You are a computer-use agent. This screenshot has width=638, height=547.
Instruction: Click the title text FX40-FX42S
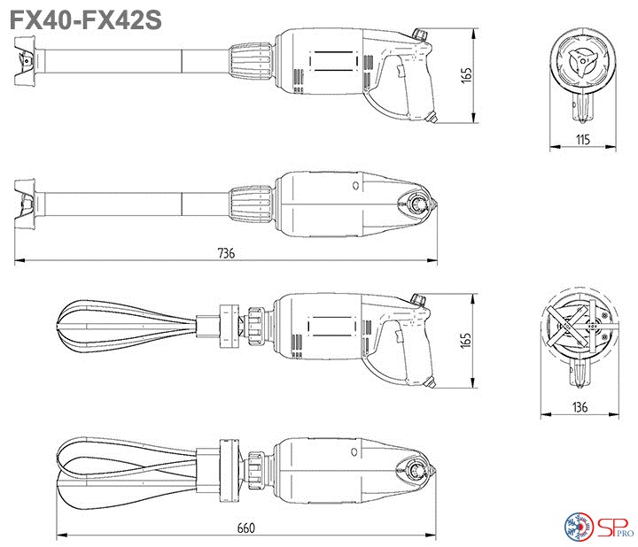pyautogui.click(x=85, y=19)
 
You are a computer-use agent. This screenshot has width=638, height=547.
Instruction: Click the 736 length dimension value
pyautogui.click(x=226, y=253)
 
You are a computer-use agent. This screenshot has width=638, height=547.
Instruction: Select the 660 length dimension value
pyautogui.click(x=246, y=528)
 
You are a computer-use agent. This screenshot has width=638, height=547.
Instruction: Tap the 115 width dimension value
pyautogui.click(x=583, y=140)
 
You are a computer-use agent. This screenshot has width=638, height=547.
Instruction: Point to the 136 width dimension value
pyautogui.click(x=580, y=407)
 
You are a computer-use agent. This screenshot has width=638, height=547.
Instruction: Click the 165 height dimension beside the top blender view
pyautogui.click(x=466, y=75)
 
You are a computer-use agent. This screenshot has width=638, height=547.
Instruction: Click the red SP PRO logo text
pyautogui.click(x=615, y=527)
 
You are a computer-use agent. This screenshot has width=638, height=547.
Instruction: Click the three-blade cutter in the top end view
pyautogui.click(x=581, y=63)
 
